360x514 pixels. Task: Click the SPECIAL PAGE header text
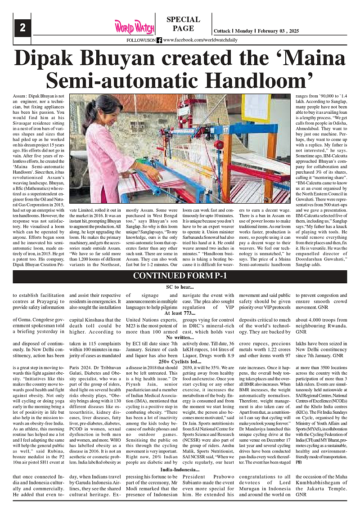point(183,24)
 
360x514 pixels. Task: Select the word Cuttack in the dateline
point(221,31)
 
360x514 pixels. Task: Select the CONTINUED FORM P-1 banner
point(180,275)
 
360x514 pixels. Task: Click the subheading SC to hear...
point(180,287)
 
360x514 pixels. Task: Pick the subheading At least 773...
point(180,313)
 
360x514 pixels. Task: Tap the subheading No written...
point(180,337)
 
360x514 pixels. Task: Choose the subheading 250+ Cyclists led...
point(180,361)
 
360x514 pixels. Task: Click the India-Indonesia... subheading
point(180,470)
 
